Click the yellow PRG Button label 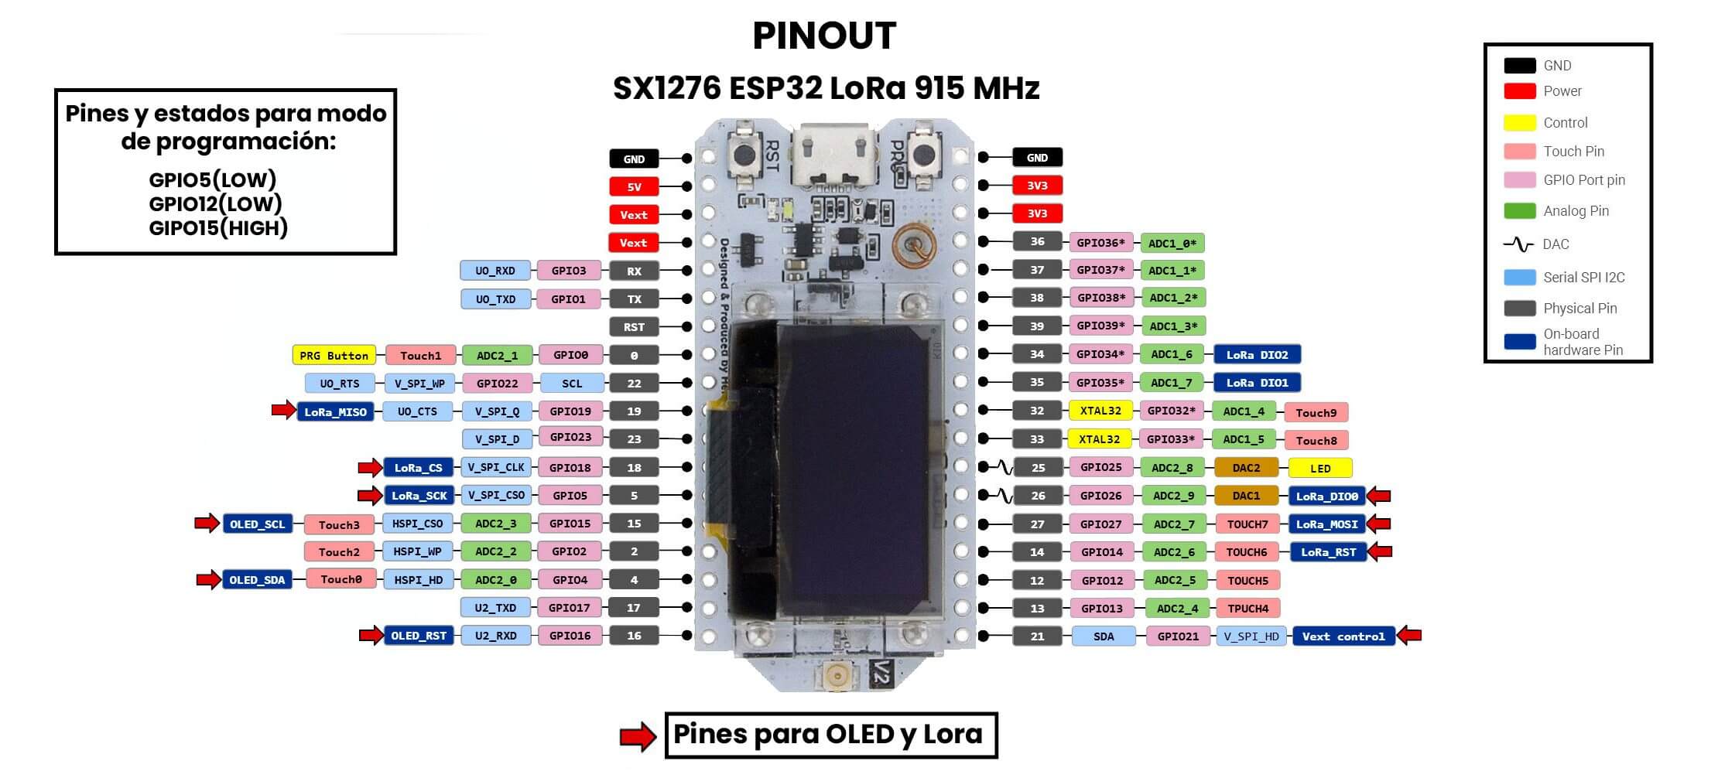point(334,356)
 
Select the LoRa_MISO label point(335,412)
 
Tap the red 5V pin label point(634,187)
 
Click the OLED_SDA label point(257,580)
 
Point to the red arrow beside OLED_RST point(371,636)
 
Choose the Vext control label point(1343,636)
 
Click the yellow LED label point(1320,469)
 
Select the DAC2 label point(1246,468)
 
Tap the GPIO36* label point(1100,243)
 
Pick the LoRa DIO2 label point(1257,355)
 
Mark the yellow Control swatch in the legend point(1519,123)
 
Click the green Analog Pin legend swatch point(1519,211)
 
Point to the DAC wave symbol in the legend point(1518,244)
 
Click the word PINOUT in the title point(824,36)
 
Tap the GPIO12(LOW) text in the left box point(215,204)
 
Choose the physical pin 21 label point(1037,636)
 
